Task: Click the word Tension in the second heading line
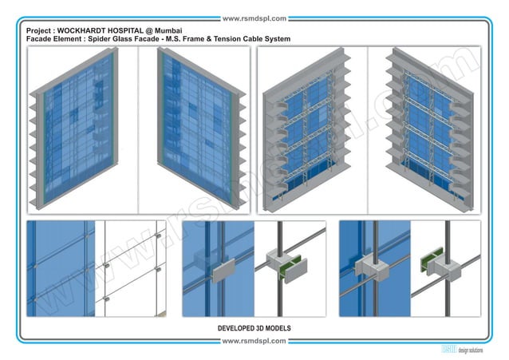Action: pyautogui.click(x=229, y=38)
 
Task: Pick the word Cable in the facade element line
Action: pyautogui.click(x=258, y=38)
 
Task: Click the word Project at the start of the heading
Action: pyautogui.click(x=39, y=30)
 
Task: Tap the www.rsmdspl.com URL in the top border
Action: pyautogui.click(x=254, y=18)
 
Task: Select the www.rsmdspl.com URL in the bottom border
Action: pyautogui.click(x=254, y=342)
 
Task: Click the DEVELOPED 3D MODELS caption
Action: pyautogui.click(x=254, y=328)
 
